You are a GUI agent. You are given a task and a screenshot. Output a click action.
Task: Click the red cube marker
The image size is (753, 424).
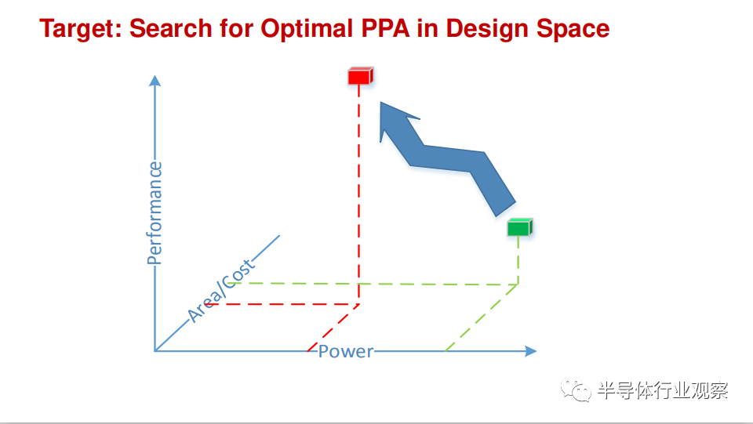[x=360, y=76]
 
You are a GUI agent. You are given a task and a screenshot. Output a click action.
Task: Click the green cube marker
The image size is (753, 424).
[x=519, y=226]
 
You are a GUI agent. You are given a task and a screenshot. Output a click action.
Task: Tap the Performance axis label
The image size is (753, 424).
[x=155, y=213]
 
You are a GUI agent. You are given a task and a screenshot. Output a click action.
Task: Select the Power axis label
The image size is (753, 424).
[x=346, y=352]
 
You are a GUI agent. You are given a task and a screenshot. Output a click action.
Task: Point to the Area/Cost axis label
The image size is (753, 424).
[x=220, y=291]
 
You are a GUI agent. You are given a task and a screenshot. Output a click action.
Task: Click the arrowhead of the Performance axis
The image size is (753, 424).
[x=155, y=81]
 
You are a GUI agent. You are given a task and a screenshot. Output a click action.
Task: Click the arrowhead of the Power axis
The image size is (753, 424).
[x=531, y=351]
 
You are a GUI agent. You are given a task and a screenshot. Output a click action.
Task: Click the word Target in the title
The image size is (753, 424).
[x=81, y=28]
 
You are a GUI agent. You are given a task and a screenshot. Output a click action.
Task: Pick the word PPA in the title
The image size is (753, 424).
[x=386, y=28]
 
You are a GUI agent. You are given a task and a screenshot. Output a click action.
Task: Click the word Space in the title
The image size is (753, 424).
[x=573, y=29]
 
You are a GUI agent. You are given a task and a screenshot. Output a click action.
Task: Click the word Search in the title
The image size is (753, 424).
[x=171, y=28]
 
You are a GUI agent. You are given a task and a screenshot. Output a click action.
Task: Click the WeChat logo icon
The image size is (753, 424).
[x=575, y=390]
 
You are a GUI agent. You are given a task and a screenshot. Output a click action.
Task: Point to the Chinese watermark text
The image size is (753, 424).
[x=663, y=390]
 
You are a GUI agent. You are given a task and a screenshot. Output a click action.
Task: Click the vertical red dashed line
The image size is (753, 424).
[x=358, y=194]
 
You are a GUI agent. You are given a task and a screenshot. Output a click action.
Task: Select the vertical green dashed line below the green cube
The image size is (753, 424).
[x=518, y=260]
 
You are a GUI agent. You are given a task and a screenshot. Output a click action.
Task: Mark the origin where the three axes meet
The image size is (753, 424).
[x=155, y=351]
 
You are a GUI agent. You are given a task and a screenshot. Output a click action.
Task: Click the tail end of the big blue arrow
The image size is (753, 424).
[x=506, y=208]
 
